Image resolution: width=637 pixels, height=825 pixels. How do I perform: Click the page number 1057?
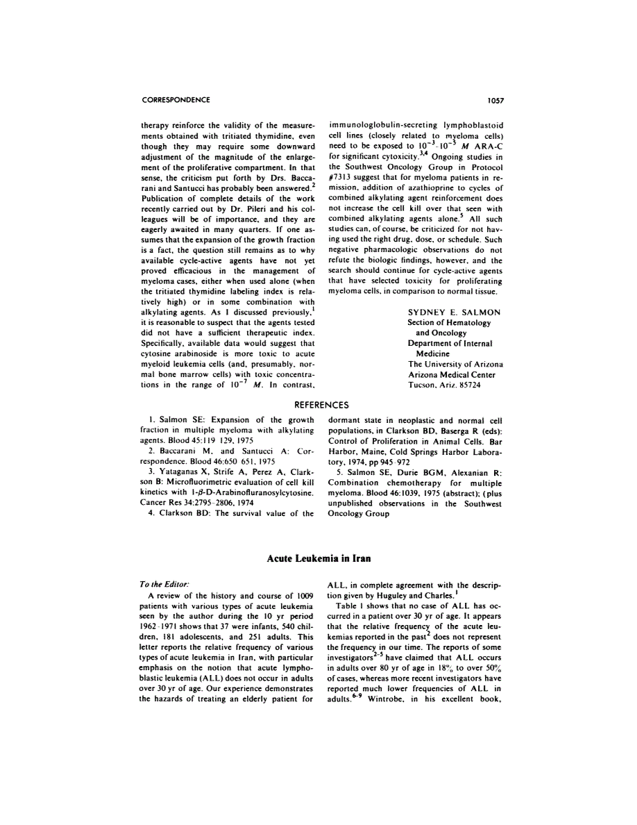tap(494, 100)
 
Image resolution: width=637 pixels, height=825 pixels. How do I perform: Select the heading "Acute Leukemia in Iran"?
tap(318, 559)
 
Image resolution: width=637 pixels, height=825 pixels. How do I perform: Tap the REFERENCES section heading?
tap(318, 404)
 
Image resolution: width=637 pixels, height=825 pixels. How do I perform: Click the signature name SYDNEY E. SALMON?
tap(454, 312)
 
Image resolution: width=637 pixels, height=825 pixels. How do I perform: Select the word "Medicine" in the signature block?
tap(433, 353)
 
